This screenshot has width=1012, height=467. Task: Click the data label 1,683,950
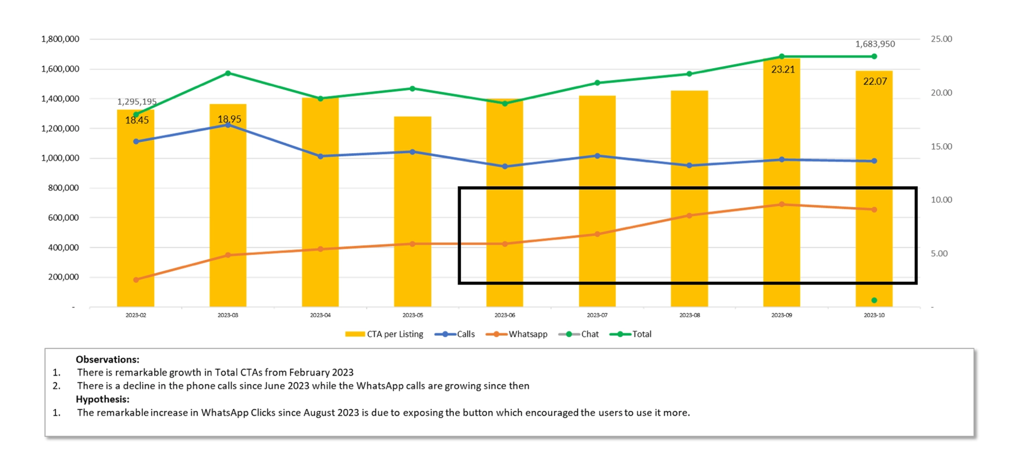[x=875, y=44]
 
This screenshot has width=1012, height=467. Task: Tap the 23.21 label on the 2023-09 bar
[x=783, y=70]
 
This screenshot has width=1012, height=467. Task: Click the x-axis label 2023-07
[x=597, y=315]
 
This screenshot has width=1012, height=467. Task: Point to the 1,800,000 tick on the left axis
[x=60, y=39]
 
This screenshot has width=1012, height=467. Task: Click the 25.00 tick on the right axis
[x=941, y=39]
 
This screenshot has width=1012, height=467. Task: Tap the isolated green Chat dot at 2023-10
[x=874, y=300]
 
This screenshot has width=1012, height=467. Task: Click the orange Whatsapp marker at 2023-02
[x=136, y=280]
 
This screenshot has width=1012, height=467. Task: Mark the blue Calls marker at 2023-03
[x=228, y=125]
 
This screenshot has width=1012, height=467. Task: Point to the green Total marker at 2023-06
[x=505, y=104]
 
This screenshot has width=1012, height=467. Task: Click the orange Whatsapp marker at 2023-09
[x=782, y=204]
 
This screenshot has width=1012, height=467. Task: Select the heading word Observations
[x=107, y=360]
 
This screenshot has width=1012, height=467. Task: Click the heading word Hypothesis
[x=102, y=399]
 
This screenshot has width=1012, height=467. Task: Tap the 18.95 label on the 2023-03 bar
[x=229, y=119]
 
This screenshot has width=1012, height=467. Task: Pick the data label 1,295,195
[x=136, y=102]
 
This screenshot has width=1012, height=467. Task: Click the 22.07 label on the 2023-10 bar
[x=875, y=82]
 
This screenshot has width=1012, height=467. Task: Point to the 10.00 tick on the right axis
[x=941, y=200]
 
